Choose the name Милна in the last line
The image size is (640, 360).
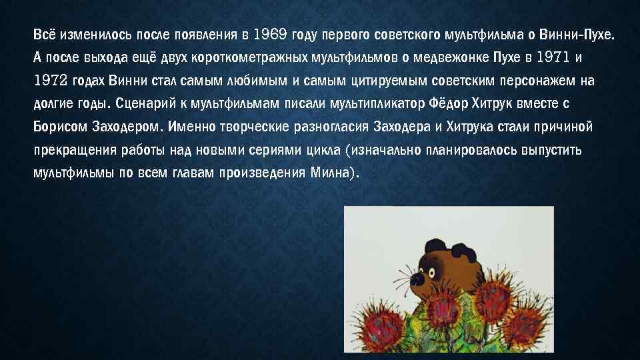click(330, 173)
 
